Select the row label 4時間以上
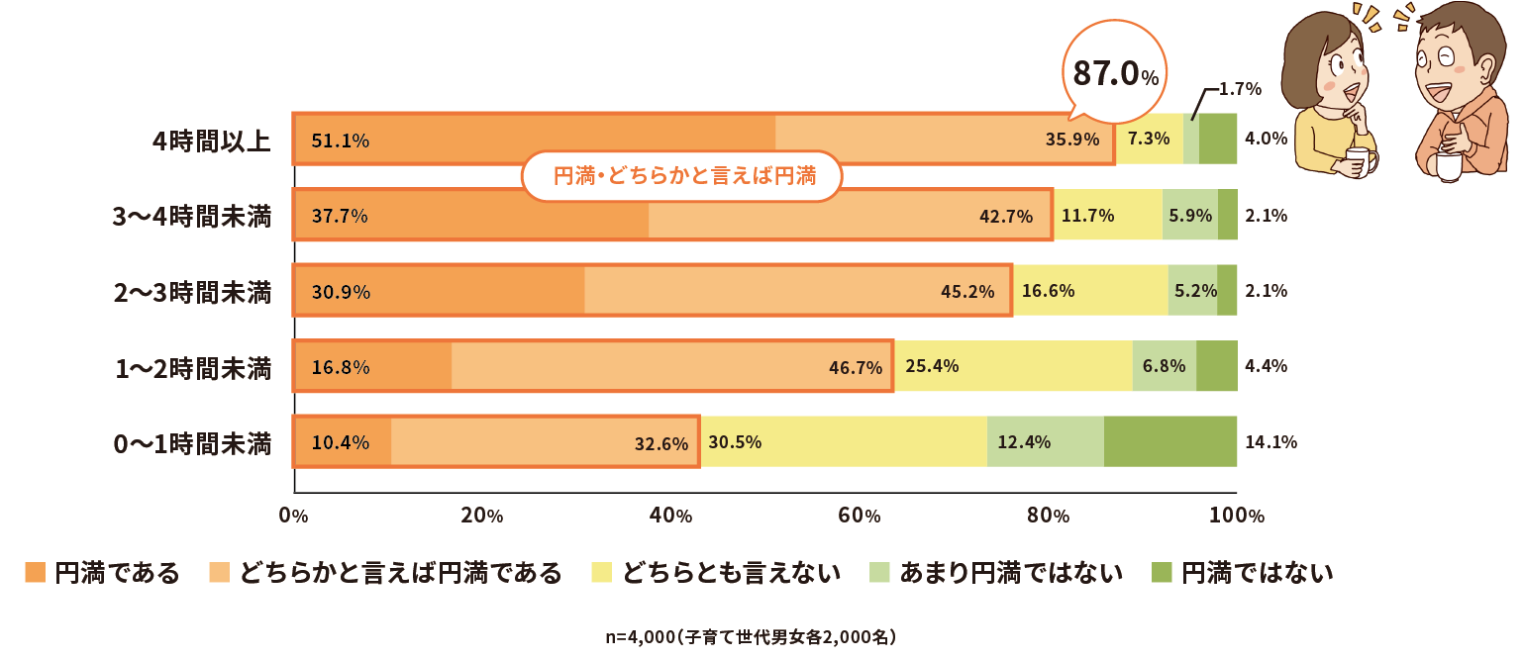coord(212,140)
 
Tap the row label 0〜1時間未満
coord(193,443)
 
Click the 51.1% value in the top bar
coord(340,141)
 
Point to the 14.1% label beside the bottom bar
coord(1270,442)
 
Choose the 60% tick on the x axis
coord(859,516)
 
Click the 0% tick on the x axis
coord(293,516)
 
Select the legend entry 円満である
coord(102,573)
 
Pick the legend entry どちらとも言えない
coord(715,573)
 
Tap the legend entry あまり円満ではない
coord(996,573)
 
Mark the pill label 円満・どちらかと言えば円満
coord(683,177)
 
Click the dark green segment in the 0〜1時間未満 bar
coord(1169,441)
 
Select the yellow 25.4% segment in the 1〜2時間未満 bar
coord(1013,366)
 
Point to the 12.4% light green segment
coord(1045,441)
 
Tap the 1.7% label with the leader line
coord(1239,89)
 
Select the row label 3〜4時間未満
coord(193,216)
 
